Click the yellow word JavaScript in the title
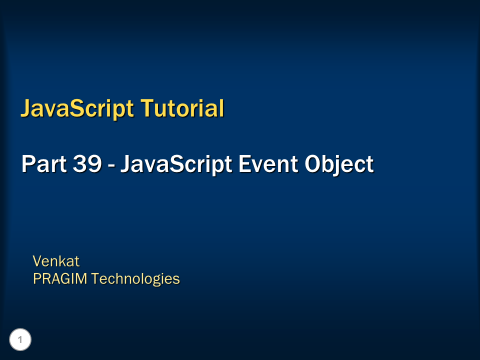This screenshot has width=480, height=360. [x=76, y=108]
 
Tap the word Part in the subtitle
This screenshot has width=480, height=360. [x=41, y=164]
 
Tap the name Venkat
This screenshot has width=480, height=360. [x=56, y=261]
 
